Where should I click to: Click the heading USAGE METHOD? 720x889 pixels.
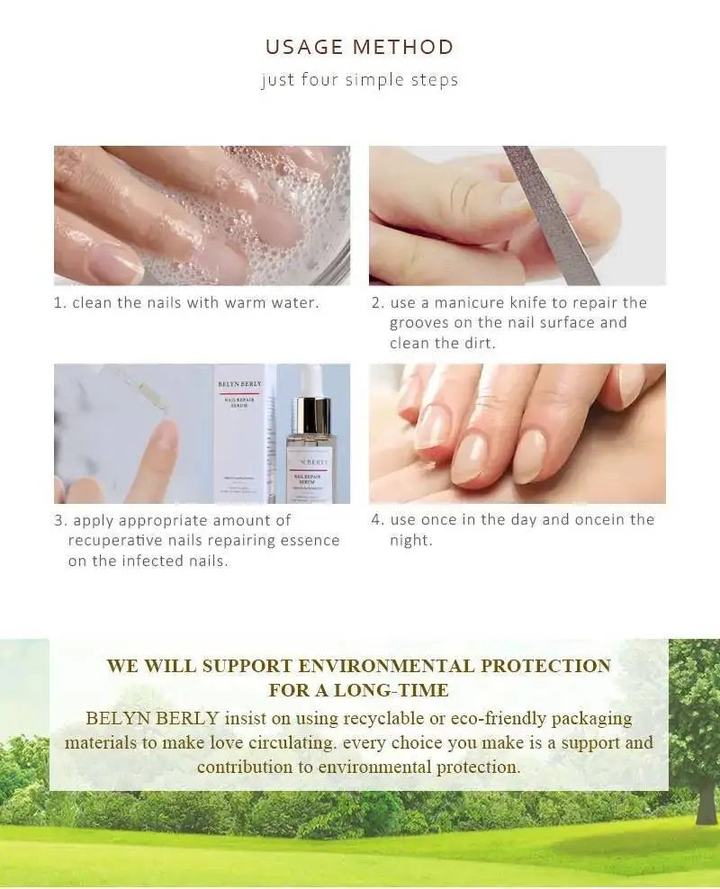359,47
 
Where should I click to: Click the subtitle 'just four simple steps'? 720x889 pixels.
359,80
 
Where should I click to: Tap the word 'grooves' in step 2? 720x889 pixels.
421,323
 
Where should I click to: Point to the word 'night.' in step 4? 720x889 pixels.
410,541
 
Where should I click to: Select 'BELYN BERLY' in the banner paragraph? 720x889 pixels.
152,718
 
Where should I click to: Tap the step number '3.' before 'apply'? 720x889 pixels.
60,521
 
